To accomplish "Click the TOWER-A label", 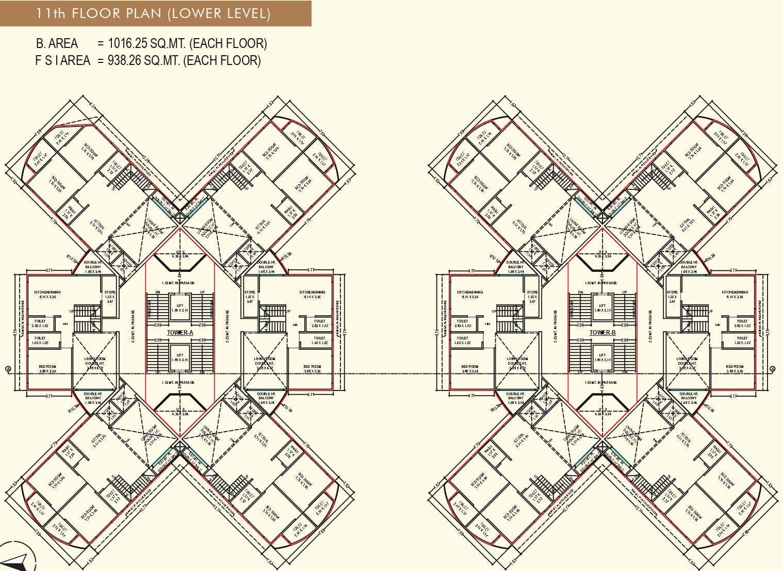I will tap(180, 333).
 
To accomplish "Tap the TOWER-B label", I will tap(602, 333).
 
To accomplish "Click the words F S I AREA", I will tap(62, 60).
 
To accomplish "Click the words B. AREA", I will tap(57, 43).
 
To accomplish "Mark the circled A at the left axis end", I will tap(8, 368).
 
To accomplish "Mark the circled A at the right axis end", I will tap(772, 368).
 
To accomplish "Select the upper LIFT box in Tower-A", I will tap(180, 308).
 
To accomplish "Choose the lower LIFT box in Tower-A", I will tap(180, 357).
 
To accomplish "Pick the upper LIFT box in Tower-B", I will tap(602, 308).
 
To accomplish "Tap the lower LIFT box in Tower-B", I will tap(602, 357).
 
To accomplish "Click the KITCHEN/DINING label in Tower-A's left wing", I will tap(47, 292).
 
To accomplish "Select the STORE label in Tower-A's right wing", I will tap(250, 292).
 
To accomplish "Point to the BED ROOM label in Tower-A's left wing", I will tap(47, 367).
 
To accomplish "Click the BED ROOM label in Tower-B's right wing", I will tap(735, 367).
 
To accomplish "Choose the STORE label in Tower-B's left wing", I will tap(532, 292).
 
